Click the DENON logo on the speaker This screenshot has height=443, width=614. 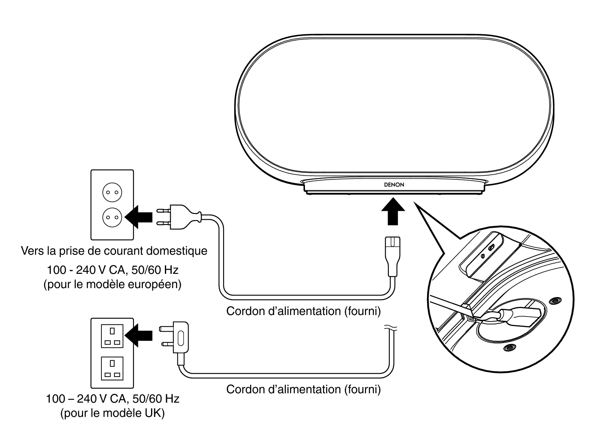[x=394, y=185]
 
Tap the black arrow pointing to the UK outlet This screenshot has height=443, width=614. [x=139, y=335]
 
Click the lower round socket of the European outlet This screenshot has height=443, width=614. [x=112, y=216]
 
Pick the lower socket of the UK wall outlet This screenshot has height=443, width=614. [x=112, y=368]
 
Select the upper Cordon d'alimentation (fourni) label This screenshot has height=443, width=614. [x=303, y=311]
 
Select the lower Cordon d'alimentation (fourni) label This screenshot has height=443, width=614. [x=303, y=389]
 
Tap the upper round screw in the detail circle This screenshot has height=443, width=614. [x=554, y=301]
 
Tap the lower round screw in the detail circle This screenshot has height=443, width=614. [x=508, y=348]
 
